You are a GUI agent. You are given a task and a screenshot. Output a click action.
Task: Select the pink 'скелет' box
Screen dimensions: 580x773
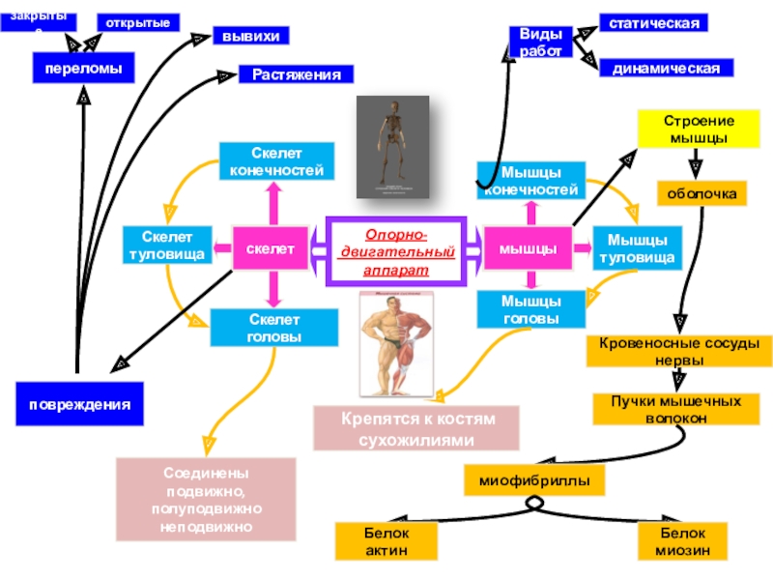click(x=270, y=249)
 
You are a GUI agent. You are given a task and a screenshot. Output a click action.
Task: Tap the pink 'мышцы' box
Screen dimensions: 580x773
click(x=527, y=249)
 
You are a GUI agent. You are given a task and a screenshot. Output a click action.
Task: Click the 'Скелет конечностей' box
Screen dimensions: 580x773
click(x=277, y=161)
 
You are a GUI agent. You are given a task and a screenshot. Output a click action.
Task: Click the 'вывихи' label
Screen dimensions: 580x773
click(x=250, y=36)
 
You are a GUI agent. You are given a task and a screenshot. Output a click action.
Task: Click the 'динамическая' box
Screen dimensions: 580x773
click(x=667, y=68)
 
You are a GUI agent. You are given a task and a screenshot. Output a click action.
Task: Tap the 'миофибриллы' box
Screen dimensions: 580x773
click(x=534, y=479)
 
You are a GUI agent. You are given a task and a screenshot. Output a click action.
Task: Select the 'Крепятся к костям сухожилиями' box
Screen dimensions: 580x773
click(x=415, y=429)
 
